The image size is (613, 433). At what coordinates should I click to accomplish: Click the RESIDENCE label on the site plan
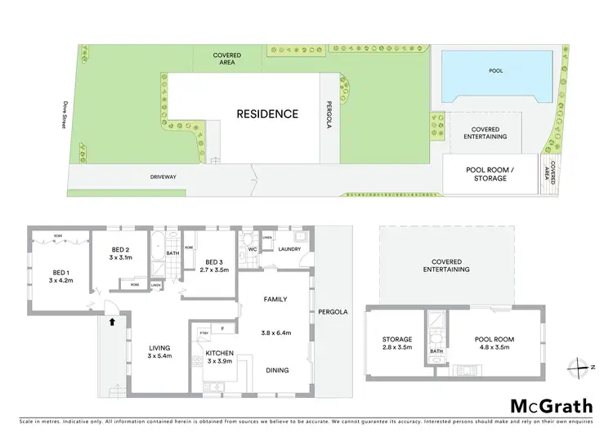[267, 114]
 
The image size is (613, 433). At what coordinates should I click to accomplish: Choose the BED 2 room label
[121, 253]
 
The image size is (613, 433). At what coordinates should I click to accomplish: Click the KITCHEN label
[219, 355]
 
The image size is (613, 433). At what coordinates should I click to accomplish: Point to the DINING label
[277, 370]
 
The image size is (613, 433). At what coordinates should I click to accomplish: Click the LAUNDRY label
[290, 249]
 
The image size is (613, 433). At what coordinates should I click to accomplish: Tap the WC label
[253, 249]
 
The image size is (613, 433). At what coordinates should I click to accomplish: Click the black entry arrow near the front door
[113, 323]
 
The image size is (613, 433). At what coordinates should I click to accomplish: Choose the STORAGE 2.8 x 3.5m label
[397, 343]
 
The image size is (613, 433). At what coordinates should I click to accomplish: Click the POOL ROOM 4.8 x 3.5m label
[492, 343]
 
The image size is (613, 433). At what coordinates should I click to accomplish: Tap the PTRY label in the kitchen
[204, 333]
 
